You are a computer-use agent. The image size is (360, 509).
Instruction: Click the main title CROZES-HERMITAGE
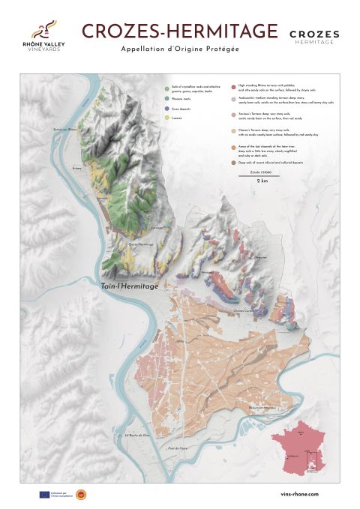tap(179, 31)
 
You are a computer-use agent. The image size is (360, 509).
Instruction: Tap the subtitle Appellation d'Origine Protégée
tap(179, 49)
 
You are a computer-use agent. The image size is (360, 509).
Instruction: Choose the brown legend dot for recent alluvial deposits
tap(233, 161)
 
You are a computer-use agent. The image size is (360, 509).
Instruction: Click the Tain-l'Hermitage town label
tap(128, 286)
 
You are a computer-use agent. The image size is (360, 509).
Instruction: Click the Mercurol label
tap(208, 272)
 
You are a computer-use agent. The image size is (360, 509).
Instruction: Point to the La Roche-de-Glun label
tap(138, 435)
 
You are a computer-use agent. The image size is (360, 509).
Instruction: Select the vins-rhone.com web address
tap(298, 494)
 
